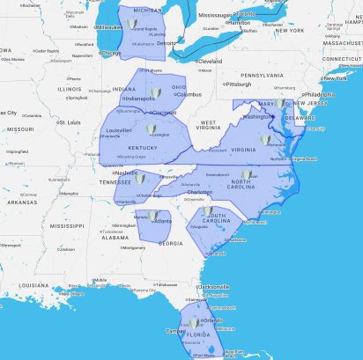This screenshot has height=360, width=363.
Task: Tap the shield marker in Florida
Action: point(195,322)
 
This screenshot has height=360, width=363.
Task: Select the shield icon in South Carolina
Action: point(208,212)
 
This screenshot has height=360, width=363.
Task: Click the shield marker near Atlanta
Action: point(152,215)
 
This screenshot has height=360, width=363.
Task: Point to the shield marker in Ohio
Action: point(156,92)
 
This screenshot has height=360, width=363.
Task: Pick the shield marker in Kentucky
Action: point(151,129)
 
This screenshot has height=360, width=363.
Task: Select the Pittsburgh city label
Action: point(239,84)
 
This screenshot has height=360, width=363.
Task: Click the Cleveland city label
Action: point(210,62)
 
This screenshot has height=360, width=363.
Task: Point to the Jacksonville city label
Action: point(215,287)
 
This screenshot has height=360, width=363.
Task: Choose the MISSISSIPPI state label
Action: point(67,225)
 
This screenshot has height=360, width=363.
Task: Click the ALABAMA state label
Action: point(115,237)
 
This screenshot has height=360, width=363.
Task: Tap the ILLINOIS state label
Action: point(69,89)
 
